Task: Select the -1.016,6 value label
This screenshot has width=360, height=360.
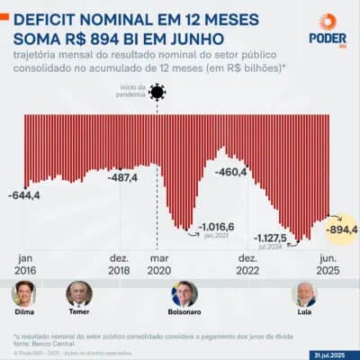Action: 217,226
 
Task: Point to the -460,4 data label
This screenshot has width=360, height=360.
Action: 231,171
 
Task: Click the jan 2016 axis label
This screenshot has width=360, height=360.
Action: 25,263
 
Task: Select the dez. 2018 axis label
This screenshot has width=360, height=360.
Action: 120,263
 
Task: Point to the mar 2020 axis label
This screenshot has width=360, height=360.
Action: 157,263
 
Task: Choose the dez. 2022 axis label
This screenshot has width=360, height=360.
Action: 248,263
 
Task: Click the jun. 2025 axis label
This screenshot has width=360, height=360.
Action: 328,263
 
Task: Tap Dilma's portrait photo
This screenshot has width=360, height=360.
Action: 23,293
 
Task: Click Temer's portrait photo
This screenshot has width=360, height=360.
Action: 79,293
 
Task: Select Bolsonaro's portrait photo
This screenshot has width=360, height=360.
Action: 184,293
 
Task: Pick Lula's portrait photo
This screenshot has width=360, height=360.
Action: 304,293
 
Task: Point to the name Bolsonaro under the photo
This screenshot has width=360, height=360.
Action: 184,314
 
